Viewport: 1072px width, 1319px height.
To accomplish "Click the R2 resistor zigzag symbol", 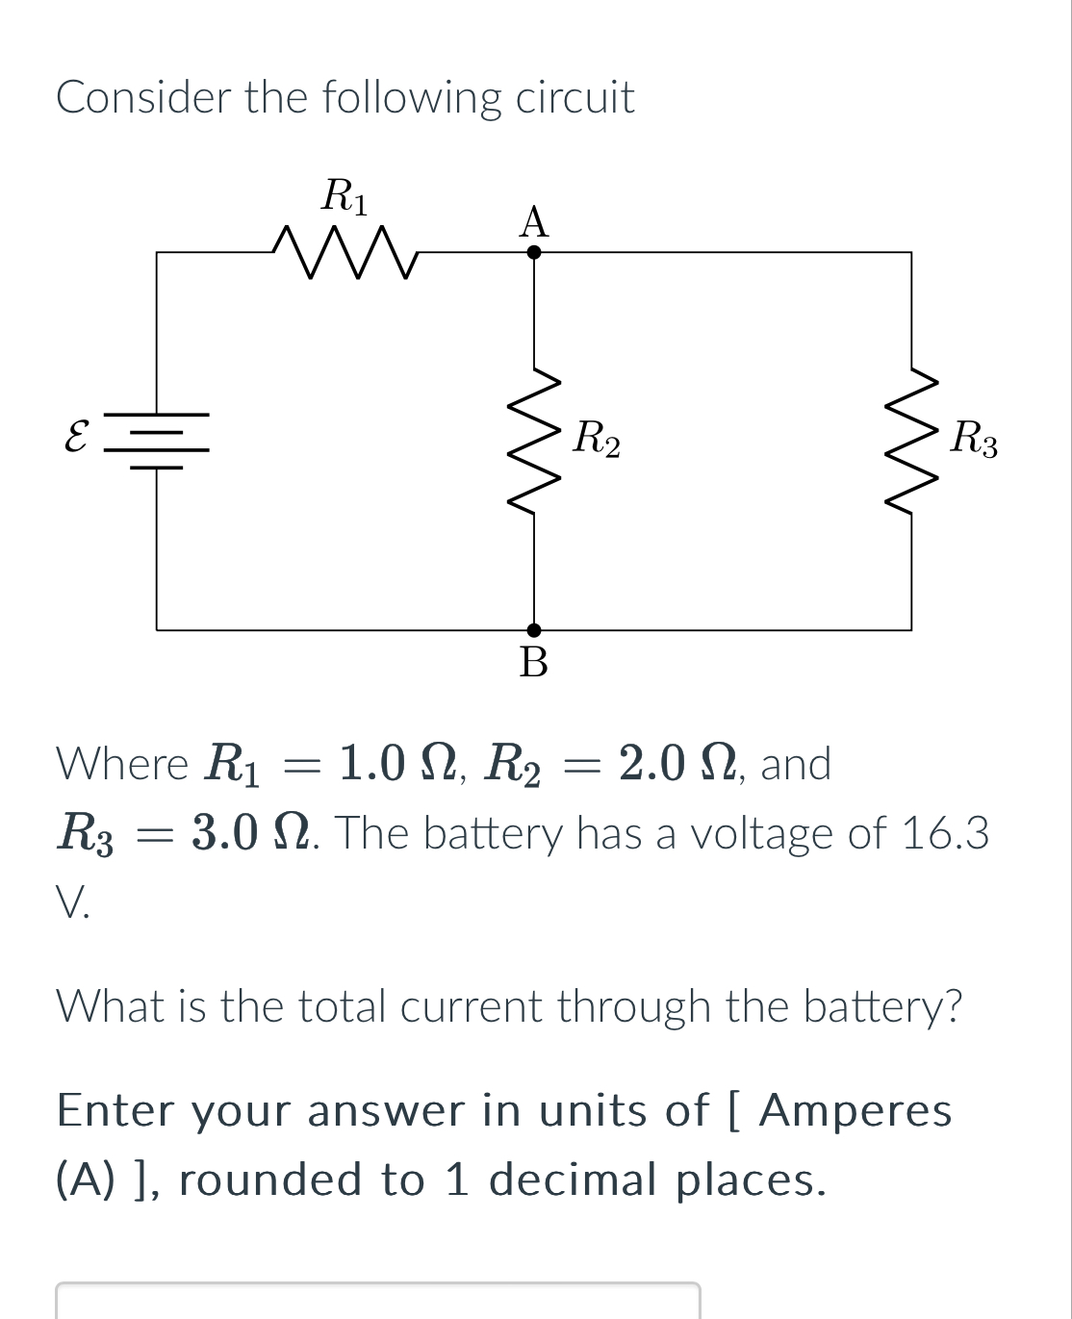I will (534, 442).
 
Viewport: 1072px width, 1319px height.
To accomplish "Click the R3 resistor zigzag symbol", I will (911, 442).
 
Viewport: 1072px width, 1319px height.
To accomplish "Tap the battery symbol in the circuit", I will (157, 441).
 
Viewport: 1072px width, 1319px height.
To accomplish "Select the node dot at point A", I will (534, 252).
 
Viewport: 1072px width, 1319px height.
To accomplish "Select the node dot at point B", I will (534, 630).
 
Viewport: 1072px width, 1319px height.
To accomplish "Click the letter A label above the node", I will (533, 222).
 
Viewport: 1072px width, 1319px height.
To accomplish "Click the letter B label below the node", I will (533, 663).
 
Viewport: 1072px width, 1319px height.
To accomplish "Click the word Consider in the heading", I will (143, 97).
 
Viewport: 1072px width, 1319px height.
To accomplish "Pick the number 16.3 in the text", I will (945, 833).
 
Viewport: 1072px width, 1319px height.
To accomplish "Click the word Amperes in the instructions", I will (855, 1110).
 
